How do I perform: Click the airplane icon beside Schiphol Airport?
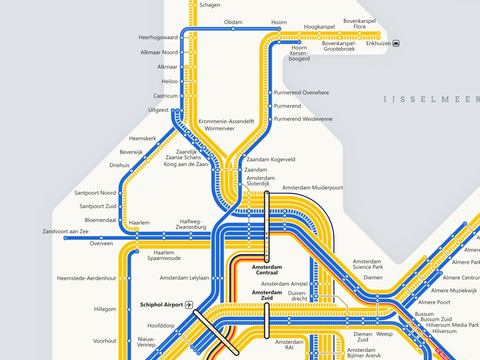tap(189, 305)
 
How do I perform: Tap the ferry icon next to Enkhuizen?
tap(396, 43)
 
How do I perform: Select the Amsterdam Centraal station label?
tap(267, 270)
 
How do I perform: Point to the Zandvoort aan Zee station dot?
tap(66, 238)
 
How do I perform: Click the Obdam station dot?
tap(233, 29)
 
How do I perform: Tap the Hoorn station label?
tap(279, 22)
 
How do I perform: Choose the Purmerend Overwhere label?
tap(301, 93)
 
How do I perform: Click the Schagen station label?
tap(210, 5)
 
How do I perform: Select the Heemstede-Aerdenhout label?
tap(86, 278)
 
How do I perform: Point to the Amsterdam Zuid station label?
tap(267, 295)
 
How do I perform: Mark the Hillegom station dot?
tap(129, 309)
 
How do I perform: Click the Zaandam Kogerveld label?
tap(271, 160)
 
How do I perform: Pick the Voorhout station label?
tap(105, 341)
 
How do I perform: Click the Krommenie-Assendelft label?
tap(226, 122)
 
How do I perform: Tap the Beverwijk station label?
tap(131, 152)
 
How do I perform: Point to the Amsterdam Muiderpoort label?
tap(312, 188)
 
